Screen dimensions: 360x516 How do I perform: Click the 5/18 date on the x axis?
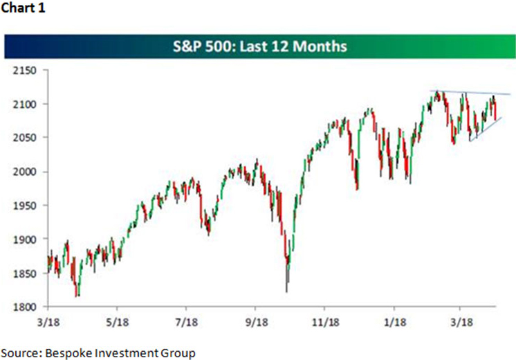(116, 323)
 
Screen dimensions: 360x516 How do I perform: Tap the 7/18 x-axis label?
(185, 323)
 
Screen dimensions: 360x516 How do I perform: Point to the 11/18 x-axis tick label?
(324, 323)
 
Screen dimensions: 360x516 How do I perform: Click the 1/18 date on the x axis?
(393, 323)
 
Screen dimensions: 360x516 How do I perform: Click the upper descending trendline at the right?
(470, 93)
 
